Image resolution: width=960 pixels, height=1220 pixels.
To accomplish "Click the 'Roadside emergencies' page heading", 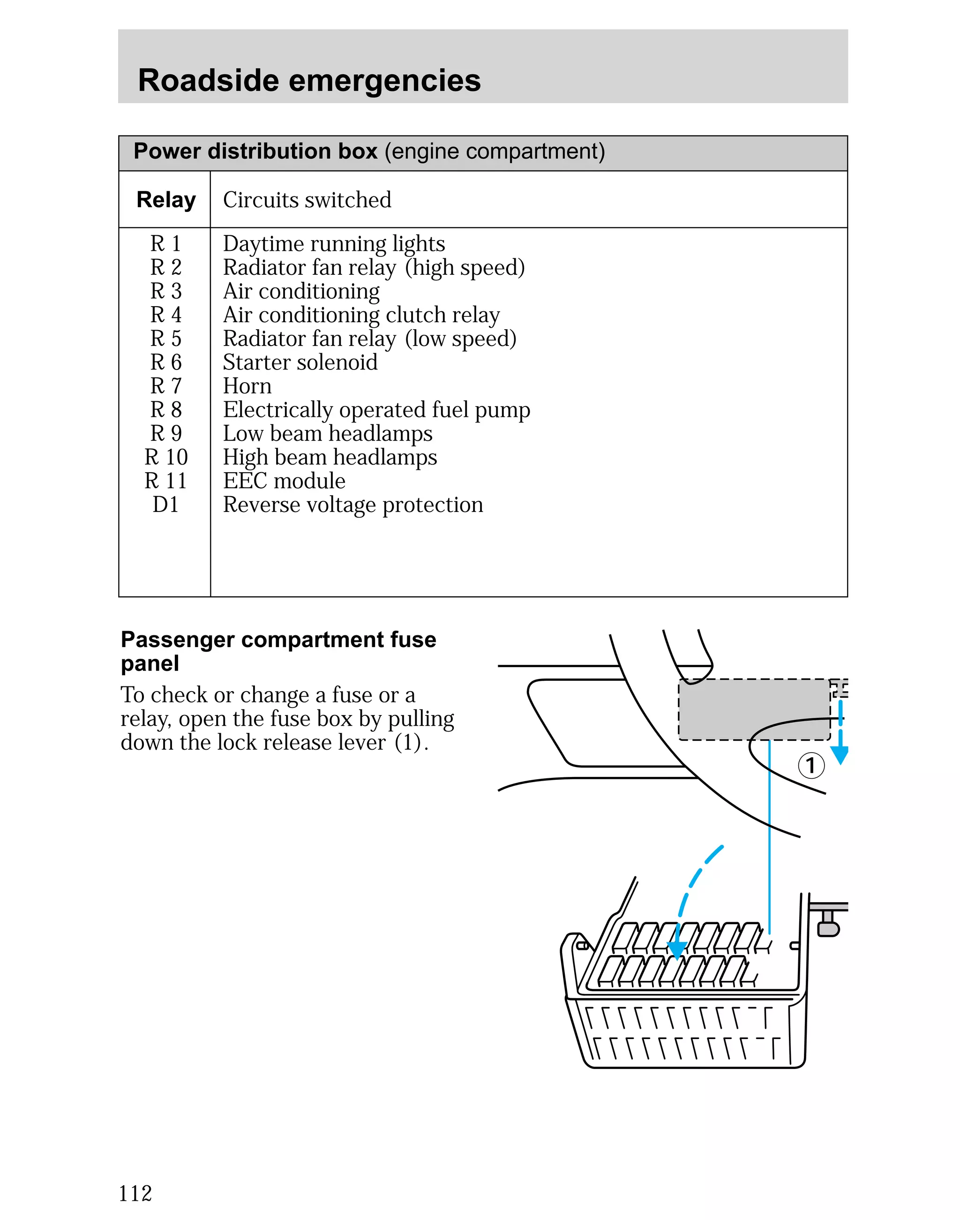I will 309,80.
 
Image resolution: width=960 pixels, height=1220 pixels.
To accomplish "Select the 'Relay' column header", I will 166,200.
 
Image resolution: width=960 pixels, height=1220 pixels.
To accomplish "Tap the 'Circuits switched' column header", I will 307,200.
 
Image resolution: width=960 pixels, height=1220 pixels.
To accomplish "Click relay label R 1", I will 165,243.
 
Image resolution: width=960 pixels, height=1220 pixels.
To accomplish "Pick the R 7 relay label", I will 165,386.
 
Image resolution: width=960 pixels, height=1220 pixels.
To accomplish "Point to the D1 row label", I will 165,505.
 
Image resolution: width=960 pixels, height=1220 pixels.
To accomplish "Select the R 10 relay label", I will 166,457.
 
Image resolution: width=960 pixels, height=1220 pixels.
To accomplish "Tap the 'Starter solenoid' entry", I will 300,362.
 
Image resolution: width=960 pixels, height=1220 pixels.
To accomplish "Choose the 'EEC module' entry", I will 284,481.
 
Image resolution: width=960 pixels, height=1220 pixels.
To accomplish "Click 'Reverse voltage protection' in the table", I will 353,505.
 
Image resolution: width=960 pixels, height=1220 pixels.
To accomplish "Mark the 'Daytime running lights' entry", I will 334,243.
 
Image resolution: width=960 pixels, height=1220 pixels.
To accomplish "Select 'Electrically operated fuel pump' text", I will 376,410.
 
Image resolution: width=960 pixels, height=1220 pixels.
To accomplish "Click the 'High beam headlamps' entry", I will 330,457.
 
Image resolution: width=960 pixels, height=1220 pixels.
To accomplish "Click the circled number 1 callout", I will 811,765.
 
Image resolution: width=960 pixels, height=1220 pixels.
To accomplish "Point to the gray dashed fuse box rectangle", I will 754,709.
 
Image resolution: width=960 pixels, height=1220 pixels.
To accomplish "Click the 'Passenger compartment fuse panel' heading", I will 278,651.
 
